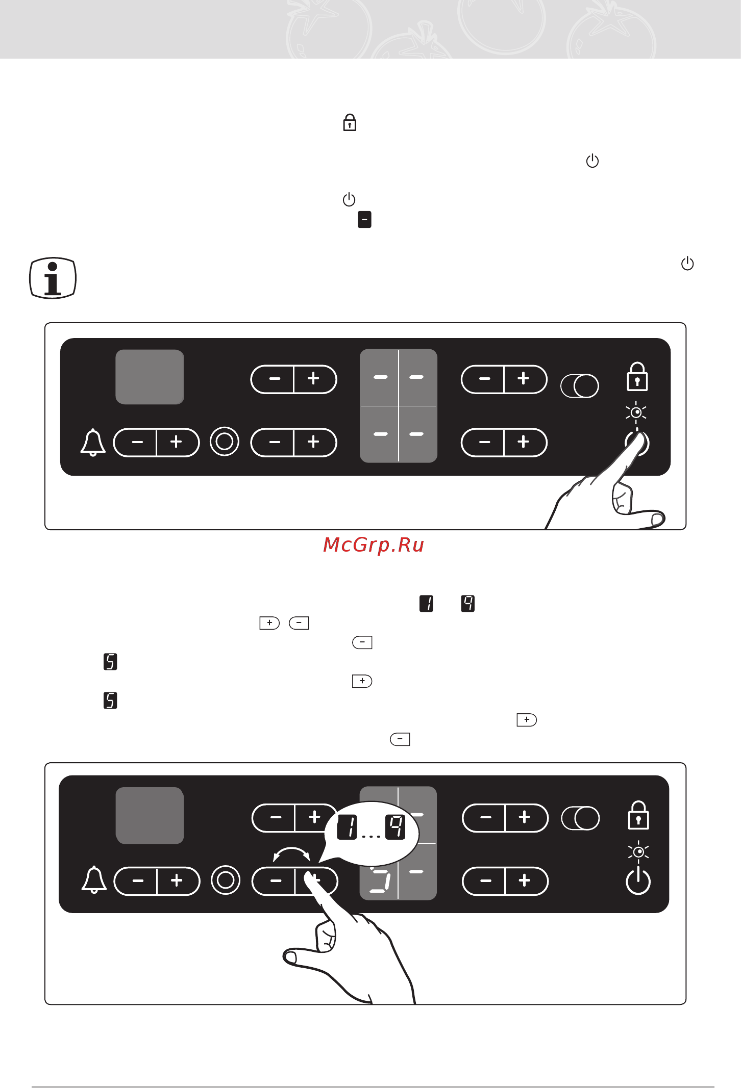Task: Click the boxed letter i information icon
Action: [53, 278]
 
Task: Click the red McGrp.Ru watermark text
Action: [374, 545]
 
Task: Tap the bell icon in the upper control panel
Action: [93, 442]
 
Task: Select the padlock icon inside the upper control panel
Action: [637, 376]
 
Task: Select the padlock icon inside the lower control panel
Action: [638, 815]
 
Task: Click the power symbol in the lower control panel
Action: [638, 881]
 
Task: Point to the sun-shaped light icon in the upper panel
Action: [636, 412]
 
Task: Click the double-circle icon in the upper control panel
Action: [225, 442]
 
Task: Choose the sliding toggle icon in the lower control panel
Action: [580, 818]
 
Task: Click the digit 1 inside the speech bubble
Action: [347, 827]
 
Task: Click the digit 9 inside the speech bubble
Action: [396, 826]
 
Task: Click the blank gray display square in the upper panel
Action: [150, 377]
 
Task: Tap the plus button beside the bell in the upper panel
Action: [177, 442]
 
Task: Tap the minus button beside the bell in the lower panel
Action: [137, 880]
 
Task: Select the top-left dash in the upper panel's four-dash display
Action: [380, 377]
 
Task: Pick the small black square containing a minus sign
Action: [364, 219]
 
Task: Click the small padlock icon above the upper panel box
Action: [350, 123]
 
